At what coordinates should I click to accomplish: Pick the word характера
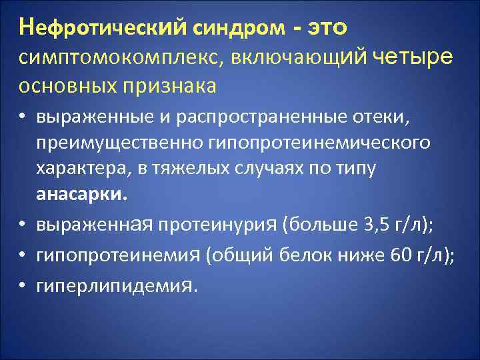click(73, 169)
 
